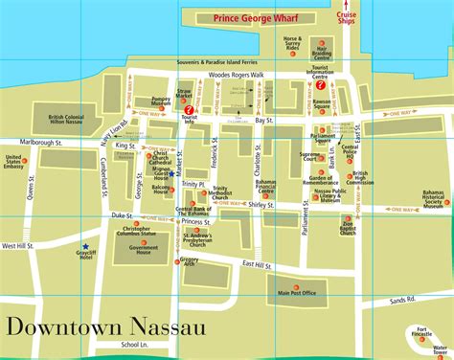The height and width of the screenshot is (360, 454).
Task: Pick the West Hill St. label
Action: click(19, 246)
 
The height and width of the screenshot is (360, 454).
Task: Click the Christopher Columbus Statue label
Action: click(137, 233)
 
